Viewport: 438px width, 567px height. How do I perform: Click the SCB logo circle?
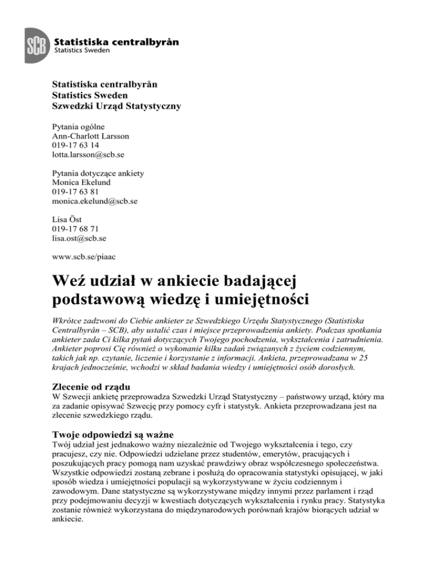[x=36, y=42]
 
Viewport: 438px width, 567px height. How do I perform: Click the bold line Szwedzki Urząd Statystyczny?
[x=116, y=106]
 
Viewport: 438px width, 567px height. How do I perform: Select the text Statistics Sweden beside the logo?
[x=83, y=50]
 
